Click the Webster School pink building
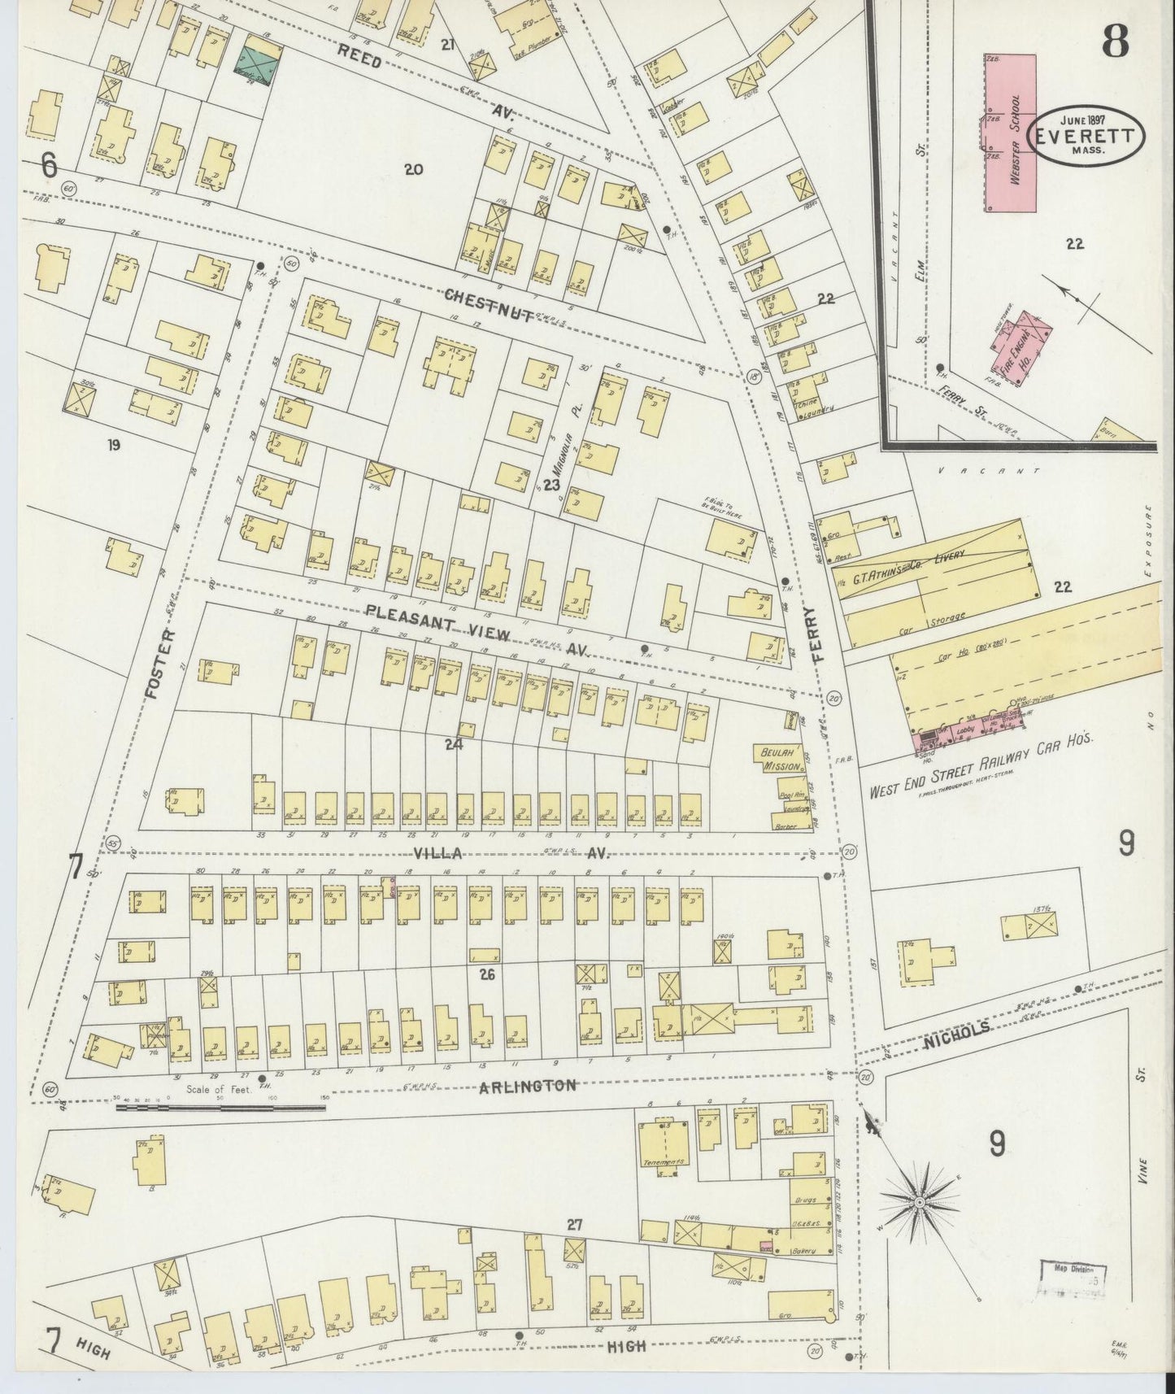click(x=1011, y=133)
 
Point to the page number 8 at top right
click(x=1116, y=41)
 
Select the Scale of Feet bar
click(x=220, y=1106)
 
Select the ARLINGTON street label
click(x=528, y=1086)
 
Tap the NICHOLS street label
click(x=956, y=1030)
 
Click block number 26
click(x=487, y=973)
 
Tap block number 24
click(x=453, y=743)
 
